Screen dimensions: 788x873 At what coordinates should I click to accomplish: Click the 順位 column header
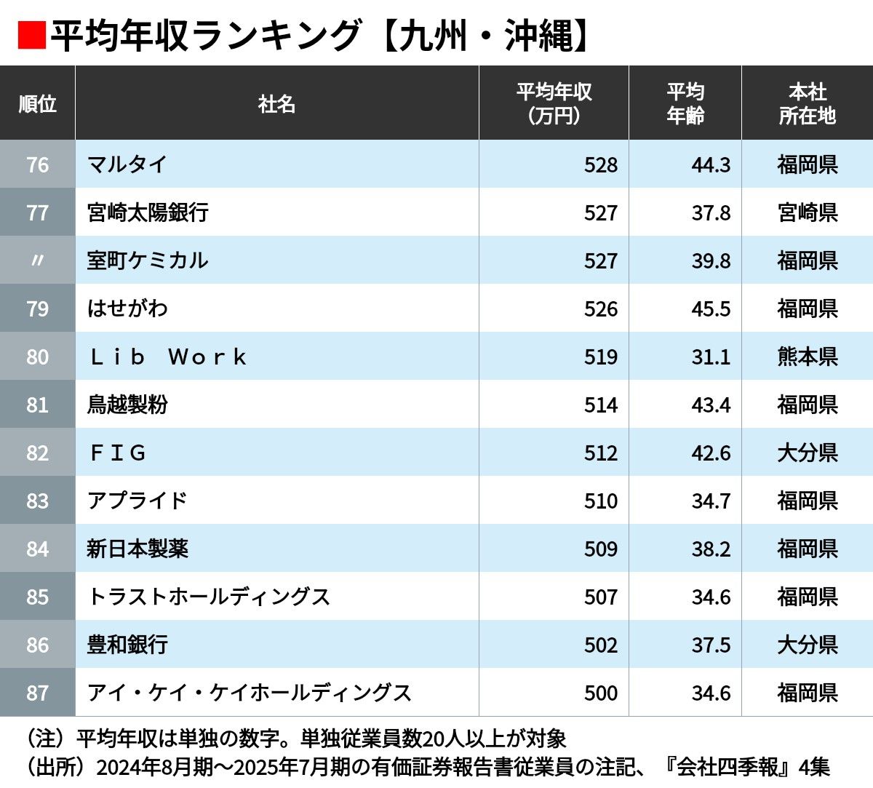pos(37,104)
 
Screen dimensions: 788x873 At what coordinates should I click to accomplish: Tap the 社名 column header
pos(276,104)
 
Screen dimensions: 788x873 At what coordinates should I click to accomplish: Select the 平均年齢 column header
pos(685,104)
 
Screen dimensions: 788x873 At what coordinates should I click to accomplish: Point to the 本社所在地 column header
pos(807,104)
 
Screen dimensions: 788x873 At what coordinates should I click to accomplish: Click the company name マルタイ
pos(127,164)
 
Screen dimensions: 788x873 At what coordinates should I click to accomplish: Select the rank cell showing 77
pos(37,212)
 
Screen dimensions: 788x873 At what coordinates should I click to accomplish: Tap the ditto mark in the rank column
pos(37,260)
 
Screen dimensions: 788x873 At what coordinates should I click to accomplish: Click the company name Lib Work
pos(168,357)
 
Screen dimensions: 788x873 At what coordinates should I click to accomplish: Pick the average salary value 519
pos(600,357)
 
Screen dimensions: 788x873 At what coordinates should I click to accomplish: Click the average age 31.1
pos(711,357)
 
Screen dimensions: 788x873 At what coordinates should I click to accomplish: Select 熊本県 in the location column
pos(807,357)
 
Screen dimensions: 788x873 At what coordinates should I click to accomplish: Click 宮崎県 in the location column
pos(807,212)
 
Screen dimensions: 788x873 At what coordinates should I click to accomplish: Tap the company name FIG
pos(118,453)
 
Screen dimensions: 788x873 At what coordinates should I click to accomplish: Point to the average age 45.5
pos(711,309)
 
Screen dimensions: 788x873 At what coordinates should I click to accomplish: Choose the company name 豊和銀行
pos(127,645)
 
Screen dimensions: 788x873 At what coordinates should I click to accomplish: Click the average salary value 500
pos(600,693)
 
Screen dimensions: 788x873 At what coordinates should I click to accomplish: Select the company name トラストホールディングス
pos(209,597)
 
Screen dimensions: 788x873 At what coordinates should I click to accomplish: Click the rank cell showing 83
pos(37,501)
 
